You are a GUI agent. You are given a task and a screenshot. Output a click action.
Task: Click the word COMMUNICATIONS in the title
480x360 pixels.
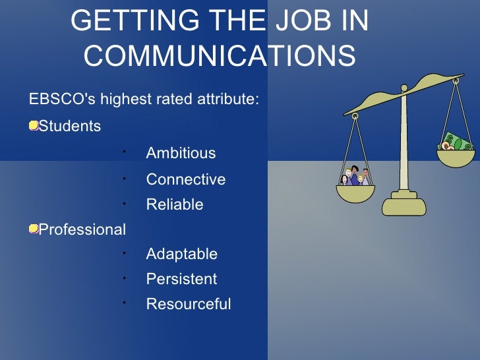220,57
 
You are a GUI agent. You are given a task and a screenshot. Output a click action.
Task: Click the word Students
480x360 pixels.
70,126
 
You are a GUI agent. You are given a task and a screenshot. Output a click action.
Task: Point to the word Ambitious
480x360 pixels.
181,153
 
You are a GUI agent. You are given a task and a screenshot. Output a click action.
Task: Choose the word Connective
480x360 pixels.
186,179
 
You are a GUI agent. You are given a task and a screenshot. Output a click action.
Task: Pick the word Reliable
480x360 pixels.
175,204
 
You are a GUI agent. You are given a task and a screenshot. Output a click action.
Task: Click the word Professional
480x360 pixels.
82,229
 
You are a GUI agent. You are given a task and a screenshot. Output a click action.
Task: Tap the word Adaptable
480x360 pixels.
182,254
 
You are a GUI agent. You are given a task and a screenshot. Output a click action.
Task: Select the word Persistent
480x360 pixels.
181,279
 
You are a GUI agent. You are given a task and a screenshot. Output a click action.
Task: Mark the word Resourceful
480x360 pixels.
189,304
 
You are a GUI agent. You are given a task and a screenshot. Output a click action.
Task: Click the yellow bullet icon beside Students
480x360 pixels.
33,125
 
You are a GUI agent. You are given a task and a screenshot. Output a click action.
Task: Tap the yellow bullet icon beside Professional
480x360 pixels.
33,229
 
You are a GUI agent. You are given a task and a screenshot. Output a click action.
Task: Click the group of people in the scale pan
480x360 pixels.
355,177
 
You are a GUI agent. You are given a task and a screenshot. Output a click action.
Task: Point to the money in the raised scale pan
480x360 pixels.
456,142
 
